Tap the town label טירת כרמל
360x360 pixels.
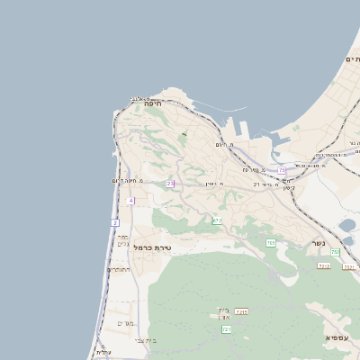point(152,247)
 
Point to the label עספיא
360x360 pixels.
point(337,337)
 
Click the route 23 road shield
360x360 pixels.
point(169,184)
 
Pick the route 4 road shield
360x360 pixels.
point(130,201)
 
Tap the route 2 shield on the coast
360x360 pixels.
point(115,221)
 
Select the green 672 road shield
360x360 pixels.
point(217,220)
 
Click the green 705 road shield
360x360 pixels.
point(271,243)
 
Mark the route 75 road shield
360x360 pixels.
point(282,169)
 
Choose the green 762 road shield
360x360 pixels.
point(335,252)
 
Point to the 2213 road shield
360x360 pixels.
point(323,265)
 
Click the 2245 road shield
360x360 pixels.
point(241,311)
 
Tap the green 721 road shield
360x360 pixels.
point(226,329)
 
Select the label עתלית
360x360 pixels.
point(105,352)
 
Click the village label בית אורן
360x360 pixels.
point(223,314)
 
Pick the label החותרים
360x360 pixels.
point(119,269)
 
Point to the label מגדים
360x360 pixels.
point(125,323)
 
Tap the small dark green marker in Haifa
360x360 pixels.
point(184,134)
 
